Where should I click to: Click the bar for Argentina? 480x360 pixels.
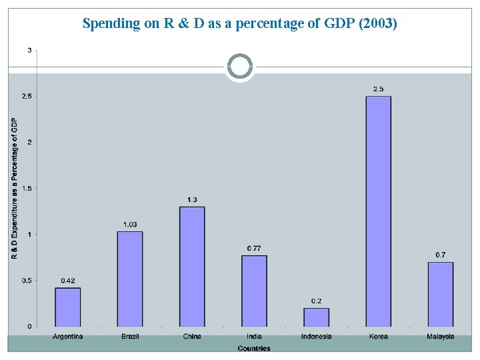coord(68,307)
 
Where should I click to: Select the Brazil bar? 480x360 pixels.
coord(130,279)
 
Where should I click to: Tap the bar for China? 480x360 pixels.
coord(192,266)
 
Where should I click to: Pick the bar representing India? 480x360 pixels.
coord(254,291)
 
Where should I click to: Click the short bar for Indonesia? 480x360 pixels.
coord(316,317)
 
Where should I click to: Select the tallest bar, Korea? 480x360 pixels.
coord(378,211)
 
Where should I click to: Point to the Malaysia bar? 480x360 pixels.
coord(441,294)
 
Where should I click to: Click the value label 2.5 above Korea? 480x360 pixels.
coord(378,89)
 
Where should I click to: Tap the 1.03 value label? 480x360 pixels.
coord(130,224)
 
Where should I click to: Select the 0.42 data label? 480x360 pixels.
coord(68,281)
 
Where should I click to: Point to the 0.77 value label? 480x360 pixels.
coord(254,249)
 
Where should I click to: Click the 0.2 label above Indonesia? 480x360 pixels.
coord(316,301)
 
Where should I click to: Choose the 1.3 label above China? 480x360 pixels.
coord(192,199)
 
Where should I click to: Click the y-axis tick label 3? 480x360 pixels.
coord(29,50)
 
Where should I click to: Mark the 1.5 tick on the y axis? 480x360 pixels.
coord(27,189)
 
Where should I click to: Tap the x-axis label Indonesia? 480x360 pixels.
coord(316,337)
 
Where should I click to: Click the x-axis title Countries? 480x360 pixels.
coord(254,348)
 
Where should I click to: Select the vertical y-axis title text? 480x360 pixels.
coord(14,189)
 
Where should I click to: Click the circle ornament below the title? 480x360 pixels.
coord(240,67)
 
